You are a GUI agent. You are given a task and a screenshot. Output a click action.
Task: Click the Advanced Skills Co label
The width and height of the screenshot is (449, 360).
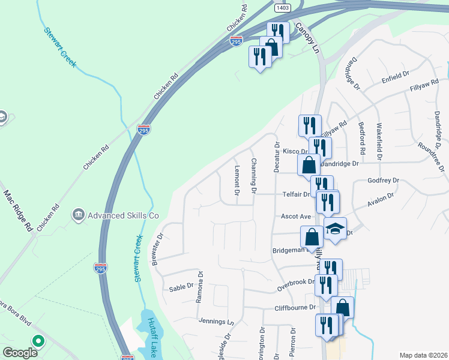124,215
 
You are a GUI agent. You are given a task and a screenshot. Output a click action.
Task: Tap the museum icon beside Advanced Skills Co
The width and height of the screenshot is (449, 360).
78,214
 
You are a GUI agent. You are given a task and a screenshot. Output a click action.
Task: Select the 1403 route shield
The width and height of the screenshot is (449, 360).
283,7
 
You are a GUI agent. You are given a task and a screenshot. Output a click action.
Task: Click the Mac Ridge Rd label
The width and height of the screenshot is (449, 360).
18,211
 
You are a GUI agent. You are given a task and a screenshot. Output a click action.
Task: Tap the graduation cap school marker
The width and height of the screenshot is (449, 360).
335,229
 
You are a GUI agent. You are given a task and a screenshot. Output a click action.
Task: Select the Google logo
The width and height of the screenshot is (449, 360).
20,353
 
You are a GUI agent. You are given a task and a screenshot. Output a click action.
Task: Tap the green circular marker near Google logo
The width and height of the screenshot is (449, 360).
38,342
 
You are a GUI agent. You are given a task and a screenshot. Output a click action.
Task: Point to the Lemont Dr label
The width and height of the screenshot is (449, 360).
237,181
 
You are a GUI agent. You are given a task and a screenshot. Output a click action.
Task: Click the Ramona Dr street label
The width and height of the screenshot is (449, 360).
200,289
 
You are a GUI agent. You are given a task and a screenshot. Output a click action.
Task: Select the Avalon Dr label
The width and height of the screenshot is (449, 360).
382,198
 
